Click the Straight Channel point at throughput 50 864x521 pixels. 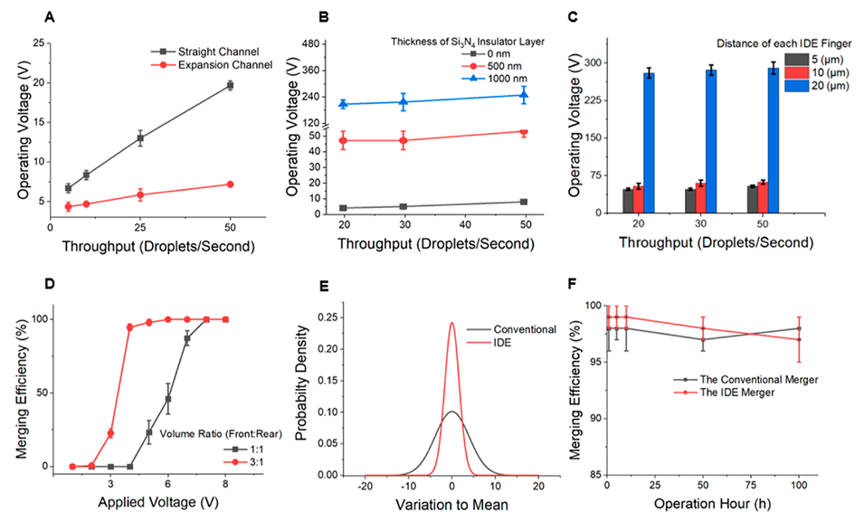click(230, 85)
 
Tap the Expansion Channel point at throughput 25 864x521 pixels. click(140, 194)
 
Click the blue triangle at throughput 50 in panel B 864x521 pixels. click(524, 94)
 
